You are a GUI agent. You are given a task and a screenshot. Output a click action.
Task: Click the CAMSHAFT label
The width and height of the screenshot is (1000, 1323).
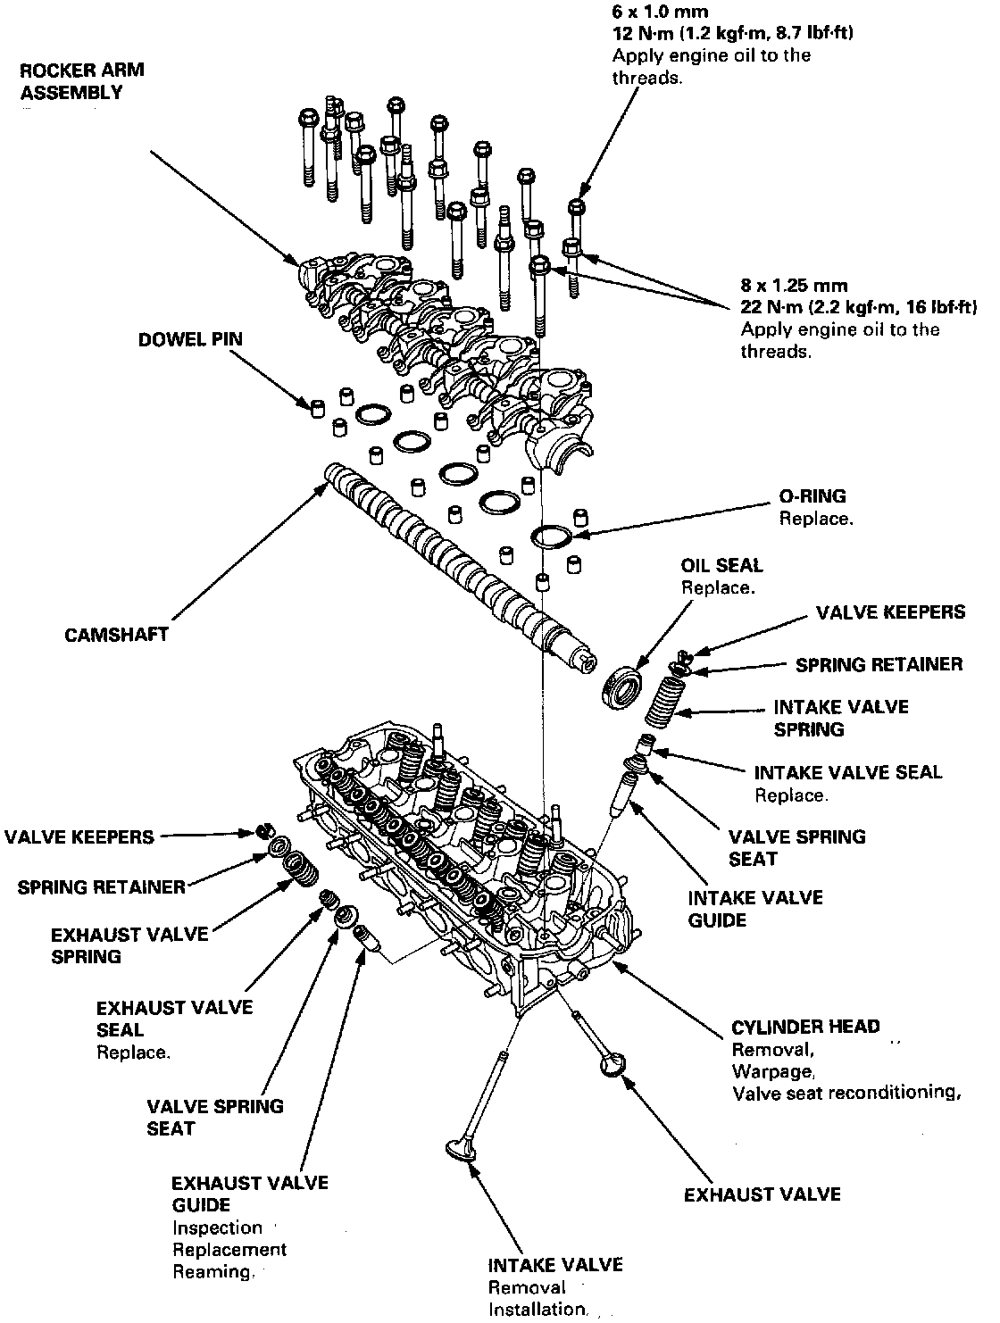[116, 636]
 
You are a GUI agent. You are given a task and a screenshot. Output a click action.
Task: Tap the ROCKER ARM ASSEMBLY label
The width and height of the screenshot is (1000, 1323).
[82, 81]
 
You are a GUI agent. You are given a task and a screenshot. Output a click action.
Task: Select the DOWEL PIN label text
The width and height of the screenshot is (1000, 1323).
[189, 340]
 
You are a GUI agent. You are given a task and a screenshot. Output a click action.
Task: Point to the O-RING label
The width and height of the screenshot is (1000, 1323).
[812, 496]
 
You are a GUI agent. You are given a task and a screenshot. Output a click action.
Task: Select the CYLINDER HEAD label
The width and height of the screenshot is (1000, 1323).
[805, 1027]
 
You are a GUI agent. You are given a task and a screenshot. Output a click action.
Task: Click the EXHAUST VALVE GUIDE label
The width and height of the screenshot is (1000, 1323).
[250, 1194]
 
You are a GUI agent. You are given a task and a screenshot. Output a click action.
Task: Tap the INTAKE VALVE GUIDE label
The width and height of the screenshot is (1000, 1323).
[755, 908]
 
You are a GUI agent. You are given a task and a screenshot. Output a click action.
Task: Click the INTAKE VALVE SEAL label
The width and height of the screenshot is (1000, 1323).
[847, 772]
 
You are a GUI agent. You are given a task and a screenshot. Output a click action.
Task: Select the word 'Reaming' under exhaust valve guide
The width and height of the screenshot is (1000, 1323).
[212, 1271]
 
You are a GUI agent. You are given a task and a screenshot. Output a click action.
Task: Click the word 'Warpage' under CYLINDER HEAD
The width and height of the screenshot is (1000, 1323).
[773, 1069]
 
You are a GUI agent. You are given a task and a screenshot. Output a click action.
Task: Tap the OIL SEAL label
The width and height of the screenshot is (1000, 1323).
[721, 565]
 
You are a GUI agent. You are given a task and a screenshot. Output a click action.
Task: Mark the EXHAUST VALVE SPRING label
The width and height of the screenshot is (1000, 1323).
[129, 945]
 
